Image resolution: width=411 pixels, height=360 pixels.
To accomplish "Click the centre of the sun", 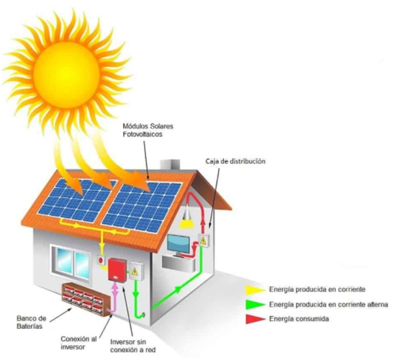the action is click(66, 74).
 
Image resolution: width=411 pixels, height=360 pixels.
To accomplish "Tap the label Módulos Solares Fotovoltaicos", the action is click(148, 130).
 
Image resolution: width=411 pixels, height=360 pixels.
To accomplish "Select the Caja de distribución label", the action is click(235, 161).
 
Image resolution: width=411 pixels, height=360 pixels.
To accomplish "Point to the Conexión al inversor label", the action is click(78, 343).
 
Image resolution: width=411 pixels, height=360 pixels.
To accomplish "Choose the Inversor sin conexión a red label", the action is click(132, 346).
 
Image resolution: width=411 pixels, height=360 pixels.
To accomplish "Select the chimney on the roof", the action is click(170, 165).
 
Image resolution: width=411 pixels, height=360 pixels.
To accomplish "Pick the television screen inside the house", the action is click(179, 244).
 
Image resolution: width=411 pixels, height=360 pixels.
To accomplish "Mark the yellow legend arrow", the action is click(256, 289).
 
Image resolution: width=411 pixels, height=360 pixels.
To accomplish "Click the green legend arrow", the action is click(256, 305).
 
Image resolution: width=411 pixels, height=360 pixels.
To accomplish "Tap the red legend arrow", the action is click(256, 319).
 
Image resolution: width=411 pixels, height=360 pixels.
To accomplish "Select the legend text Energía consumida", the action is click(299, 319).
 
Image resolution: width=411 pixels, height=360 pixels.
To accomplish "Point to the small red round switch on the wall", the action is click(101, 260).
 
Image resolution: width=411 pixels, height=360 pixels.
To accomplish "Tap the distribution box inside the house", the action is click(204, 240).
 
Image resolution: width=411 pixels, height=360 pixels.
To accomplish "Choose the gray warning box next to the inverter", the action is click(135, 271).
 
